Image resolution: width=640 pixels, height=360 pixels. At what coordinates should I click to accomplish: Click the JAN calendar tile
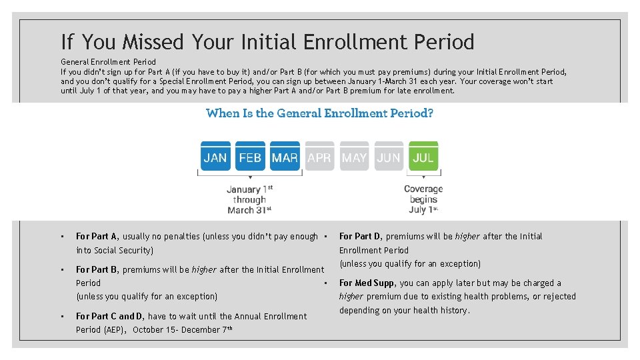pos(215,157)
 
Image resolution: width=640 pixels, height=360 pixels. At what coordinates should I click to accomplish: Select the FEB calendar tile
pos(250,157)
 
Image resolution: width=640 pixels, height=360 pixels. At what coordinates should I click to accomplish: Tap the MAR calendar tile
pos(285,157)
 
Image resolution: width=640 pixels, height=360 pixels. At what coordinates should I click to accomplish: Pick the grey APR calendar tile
pos(319,157)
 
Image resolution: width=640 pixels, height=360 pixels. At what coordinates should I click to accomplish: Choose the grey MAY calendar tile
pos(354,157)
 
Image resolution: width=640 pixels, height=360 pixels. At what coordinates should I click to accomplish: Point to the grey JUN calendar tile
pos(389,157)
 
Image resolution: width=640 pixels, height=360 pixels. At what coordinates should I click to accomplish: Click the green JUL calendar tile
pos(423,157)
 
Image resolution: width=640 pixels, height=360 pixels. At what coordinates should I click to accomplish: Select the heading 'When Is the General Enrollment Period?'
pos(320,113)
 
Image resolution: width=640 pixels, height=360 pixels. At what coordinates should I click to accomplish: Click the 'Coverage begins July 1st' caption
pos(423,199)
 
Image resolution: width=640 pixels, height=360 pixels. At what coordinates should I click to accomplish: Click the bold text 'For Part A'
pos(97,236)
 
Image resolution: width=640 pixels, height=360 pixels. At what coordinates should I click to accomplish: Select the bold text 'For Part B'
pos(97,269)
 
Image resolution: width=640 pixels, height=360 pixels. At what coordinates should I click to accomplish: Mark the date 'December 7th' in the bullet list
pos(204,329)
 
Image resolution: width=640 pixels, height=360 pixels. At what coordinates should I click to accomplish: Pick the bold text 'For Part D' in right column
pos(360,236)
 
